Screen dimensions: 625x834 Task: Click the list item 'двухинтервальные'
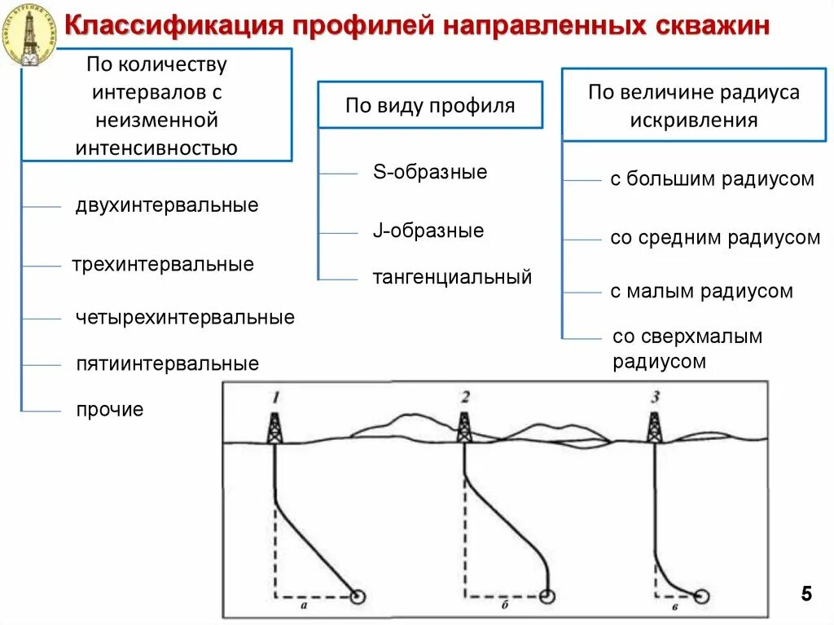(167, 205)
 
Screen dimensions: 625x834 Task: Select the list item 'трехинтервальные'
(163, 265)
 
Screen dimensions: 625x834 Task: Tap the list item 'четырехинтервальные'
(185, 317)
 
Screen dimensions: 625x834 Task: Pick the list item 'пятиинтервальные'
(168, 363)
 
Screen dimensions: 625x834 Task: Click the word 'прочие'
(110, 410)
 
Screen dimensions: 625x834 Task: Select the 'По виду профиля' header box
(430, 105)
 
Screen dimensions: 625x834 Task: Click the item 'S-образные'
(430, 173)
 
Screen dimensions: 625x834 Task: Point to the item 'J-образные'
(428, 231)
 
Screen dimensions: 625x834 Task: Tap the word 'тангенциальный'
(452, 278)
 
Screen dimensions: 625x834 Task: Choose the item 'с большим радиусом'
(712, 179)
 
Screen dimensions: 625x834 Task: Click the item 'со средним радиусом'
(715, 238)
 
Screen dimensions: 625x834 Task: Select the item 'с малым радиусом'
(701, 292)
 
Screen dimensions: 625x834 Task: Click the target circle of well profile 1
(357, 597)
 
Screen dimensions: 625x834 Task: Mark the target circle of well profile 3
(702, 596)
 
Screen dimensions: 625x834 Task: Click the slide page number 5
(806, 594)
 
